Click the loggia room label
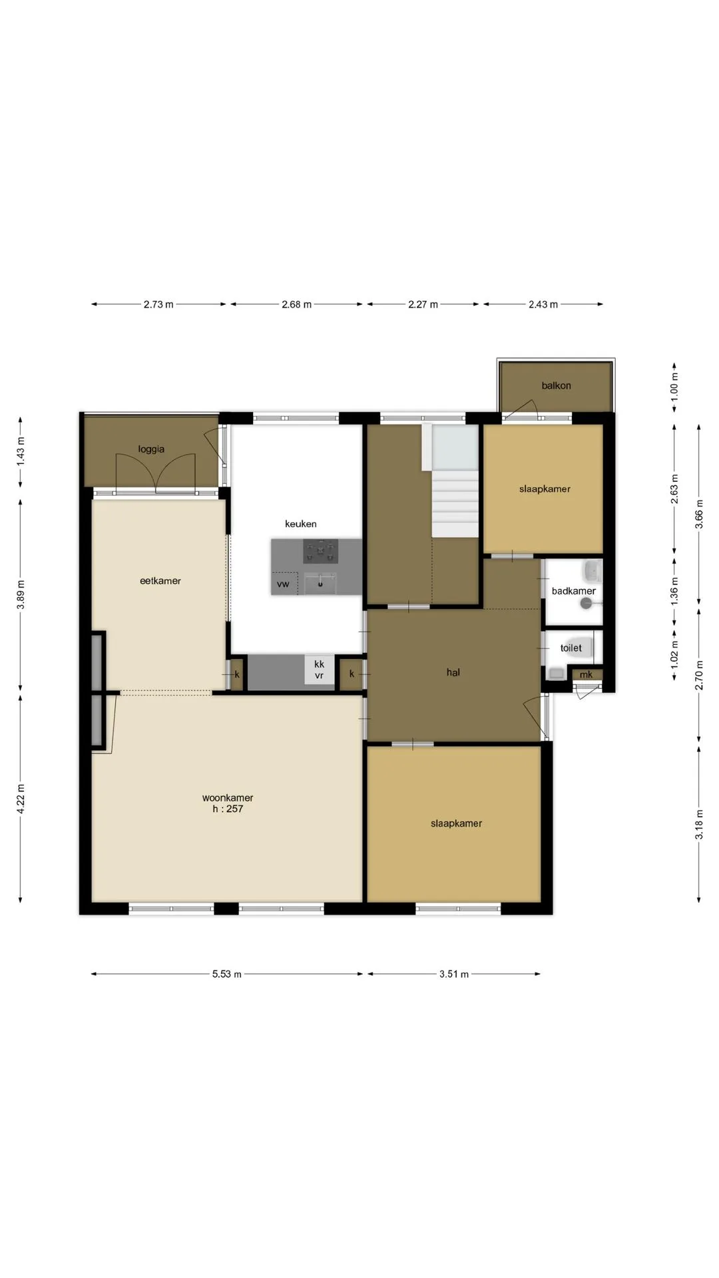151,449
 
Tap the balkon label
556,385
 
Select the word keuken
301,524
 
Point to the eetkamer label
160,580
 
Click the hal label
453,672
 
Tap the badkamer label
574,591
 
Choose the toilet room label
571,648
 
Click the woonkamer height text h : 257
228,809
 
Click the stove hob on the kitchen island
321,552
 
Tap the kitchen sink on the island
321,584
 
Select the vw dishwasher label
283,584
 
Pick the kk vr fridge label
320,670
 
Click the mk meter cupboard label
586,675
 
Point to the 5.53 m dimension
227,974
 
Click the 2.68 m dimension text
297,304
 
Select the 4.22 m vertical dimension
21,799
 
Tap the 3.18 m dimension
699,824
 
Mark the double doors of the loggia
156,473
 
